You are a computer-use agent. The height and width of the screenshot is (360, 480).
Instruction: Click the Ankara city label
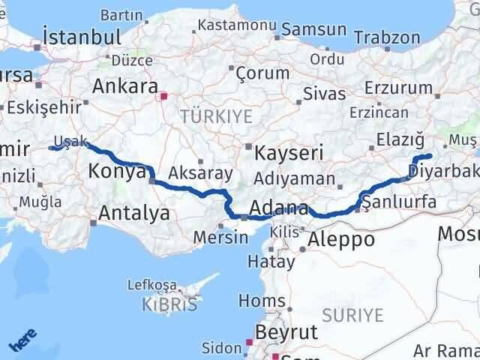coord(124,86)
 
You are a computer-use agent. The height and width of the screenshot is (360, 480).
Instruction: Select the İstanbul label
coord(82,37)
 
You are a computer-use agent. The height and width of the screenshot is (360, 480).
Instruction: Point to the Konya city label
coord(116,172)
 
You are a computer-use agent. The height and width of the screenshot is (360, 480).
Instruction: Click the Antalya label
coord(133,214)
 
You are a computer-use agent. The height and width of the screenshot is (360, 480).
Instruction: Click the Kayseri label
coord(289,154)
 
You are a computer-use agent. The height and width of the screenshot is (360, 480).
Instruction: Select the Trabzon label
coord(386,37)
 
